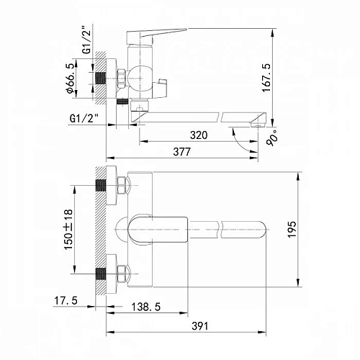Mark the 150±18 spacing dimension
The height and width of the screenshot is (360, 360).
click(x=67, y=229)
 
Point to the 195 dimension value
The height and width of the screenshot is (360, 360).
click(x=291, y=229)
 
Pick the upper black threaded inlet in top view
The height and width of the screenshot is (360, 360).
click(x=100, y=185)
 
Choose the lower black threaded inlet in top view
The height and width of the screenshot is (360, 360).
click(x=100, y=274)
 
